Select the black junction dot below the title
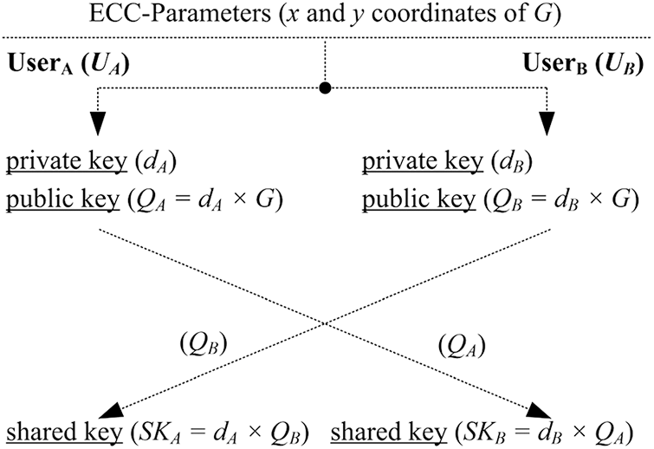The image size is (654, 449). [326, 88]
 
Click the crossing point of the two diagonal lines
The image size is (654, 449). [326, 324]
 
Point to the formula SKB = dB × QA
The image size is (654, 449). [557, 430]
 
